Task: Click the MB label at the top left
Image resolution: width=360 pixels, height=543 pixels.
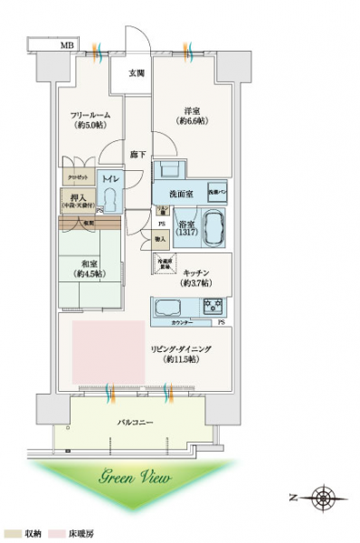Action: pos(68,43)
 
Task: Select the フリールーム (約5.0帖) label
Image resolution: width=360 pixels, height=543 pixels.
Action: pos(88,121)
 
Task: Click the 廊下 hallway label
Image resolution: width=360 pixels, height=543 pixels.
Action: pos(137,155)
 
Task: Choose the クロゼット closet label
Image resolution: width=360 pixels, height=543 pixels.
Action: pos(76,177)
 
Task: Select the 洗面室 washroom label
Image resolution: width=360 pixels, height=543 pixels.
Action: pos(179,195)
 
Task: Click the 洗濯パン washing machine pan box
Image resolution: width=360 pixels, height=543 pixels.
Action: pos(218,194)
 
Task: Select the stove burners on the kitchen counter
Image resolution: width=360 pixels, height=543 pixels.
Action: pos(213,305)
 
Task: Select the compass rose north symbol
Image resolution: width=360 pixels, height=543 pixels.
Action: pos(323,497)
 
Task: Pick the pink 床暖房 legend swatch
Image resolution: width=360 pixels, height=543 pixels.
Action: pos(55,534)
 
